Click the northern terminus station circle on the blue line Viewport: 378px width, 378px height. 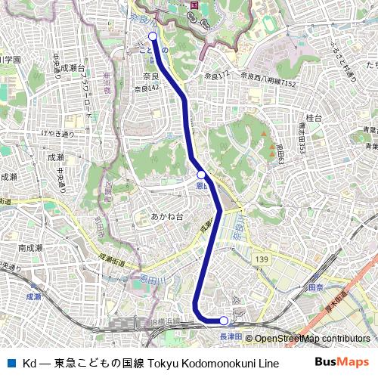pos(153,36)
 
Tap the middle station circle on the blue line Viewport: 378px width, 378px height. pos(201,175)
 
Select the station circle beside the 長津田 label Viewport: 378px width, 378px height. pos(224,321)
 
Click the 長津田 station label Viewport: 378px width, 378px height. pos(230,336)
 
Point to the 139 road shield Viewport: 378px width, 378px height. pos(262,259)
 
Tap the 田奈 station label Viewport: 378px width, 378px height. pos(315,288)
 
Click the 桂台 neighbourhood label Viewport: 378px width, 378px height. pos(314,118)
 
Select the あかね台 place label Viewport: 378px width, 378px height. pos(166,216)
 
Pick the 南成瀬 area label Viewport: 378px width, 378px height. pos(30,248)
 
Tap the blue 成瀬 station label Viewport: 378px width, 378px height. pos(33,297)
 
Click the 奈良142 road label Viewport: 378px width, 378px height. pos(147,88)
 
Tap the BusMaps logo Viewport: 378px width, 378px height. pos(342,362)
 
